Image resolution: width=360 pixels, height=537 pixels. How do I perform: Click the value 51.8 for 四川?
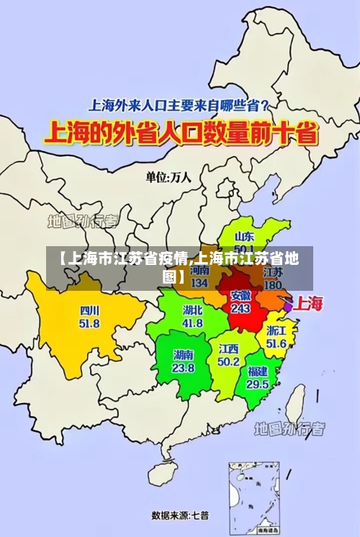(x=90, y=324)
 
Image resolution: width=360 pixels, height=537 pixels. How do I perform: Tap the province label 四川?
(x=90, y=311)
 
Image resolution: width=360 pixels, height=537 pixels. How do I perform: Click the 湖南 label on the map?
(x=184, y=355)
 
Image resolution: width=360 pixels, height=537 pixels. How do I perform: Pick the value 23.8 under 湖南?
(x=184, y=368)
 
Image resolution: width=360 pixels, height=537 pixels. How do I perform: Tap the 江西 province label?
(x=229, y=348)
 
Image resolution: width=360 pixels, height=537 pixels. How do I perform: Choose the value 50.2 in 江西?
(x=229, y=361)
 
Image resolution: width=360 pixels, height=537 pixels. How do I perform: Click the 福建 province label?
(x=257, y=371)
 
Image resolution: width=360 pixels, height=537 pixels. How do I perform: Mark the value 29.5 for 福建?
(x=257, y=384)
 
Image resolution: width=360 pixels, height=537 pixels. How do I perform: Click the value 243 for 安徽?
(x=240, y=308)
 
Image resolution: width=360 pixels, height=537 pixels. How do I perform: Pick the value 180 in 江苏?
(x=273, y=285)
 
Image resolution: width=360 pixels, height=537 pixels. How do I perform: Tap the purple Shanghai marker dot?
(x=288, y=306)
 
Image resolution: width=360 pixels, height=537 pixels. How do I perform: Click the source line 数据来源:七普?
(x=180, y=515)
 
